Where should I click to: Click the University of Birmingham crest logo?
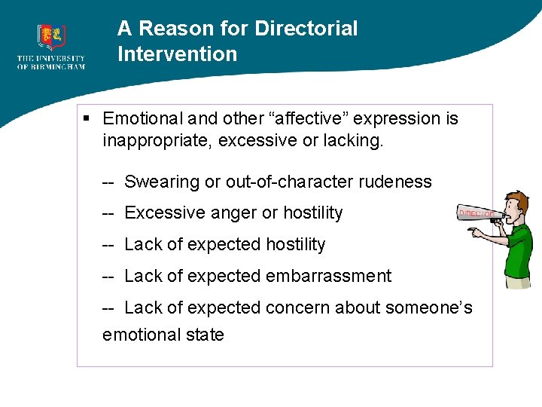tap(51, 36)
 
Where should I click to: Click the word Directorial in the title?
tap(306, 29)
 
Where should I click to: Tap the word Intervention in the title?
tap(177, 54)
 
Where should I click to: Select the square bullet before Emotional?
tap(87, 118)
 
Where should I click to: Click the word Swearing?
tap(157, 182)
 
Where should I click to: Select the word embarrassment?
tap(331, 276)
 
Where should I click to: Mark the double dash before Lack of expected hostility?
tap(108, 244)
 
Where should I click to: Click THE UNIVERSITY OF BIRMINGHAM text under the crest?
tap(51, 63)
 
